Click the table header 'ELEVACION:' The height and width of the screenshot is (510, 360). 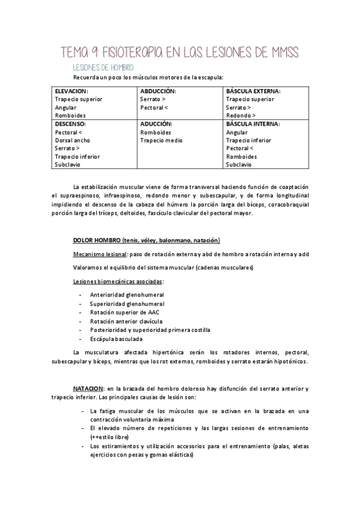tap(71, 91)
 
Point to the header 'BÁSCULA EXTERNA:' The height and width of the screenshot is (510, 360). tap(253, 91)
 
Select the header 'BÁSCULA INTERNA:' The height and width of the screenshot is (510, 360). tap(252, 123)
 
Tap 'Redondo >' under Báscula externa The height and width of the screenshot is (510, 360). tap(240, 115)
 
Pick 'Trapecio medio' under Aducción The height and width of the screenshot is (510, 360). tap(161, 140)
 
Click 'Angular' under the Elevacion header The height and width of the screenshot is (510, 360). tap(66, 107)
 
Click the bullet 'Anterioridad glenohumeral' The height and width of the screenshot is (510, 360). tap(127, 295)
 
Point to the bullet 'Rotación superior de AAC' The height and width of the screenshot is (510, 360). tap(124, 312)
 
